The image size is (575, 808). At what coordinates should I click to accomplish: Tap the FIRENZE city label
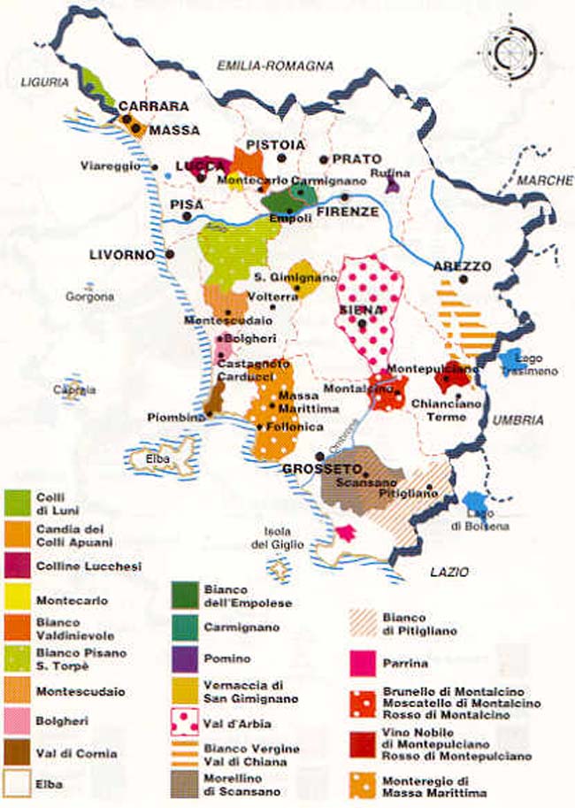348,212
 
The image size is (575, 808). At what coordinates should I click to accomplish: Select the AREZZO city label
462,265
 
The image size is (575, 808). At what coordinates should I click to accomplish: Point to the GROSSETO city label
310,468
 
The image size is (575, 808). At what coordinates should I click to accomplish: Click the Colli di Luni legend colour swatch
18,502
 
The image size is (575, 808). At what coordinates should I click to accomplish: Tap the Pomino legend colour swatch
183,658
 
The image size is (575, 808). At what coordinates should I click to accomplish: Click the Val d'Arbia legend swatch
183,721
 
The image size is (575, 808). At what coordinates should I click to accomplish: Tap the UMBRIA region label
517,420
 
